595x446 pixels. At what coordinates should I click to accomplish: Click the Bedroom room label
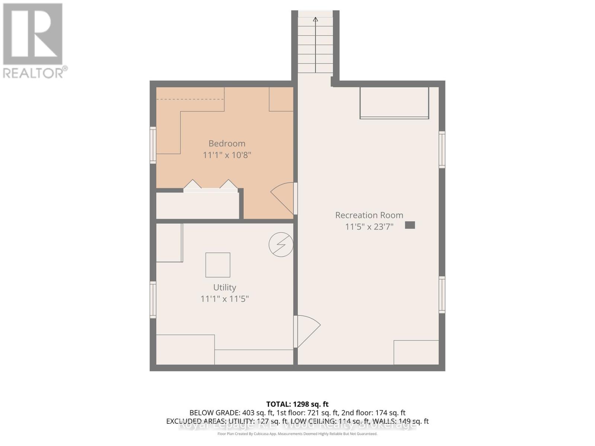pyautogui.click(x=226, y=143)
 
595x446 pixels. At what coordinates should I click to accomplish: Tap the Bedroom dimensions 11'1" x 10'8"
pyautogui.click(x=227, y=155)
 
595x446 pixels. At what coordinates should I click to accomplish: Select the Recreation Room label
pyautogui.click(x=369, y=215)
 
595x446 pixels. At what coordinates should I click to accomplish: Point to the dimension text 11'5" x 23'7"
pyautogui.click(x=369, y=227)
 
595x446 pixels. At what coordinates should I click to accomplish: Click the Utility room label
pyautogui.click(x=224, y=287)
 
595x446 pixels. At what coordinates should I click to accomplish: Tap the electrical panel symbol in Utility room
pyautogui.click(x=281, y=245)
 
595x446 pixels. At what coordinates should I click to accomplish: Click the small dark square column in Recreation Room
pyautogui.click(x=410, y=225)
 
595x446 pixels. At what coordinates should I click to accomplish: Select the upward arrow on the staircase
pyautogui.click(x=315, y=20)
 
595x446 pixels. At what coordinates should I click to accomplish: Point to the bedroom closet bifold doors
pyautogui.click(x=211, y=186)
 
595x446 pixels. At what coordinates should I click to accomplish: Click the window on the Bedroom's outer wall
pyautogui.click(x=153, y=145)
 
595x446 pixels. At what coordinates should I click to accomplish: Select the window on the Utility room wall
pyautogui.click(x=153, y=300)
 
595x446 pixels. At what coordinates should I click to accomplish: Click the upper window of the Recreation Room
pyautogui.click(x=442, y=149)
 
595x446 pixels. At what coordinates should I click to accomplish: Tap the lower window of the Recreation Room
pyautogui.click(x=442, y=295)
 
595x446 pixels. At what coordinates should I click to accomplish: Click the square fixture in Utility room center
pyautogui.click(x=218, y=265)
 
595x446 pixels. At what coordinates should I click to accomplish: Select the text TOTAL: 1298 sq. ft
pyautogui.click(x=297, y=404)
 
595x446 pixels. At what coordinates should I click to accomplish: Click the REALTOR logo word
pyautogui.click(x=33, y=72)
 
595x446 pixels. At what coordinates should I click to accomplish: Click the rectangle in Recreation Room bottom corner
pyautogui.click(x=416, y=352)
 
